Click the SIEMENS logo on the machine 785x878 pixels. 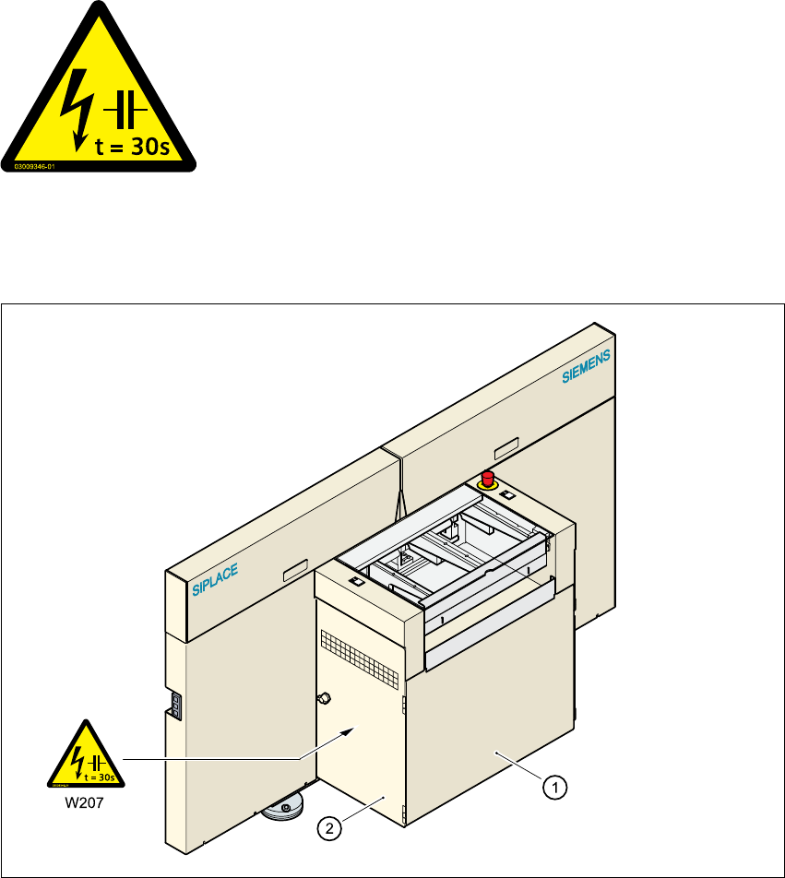coord(588,365)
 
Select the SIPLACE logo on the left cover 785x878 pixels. coord(215,581)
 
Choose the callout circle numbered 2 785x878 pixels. coord(328,829)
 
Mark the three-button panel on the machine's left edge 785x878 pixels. coord(173,706)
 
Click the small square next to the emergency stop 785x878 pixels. coord(506,495)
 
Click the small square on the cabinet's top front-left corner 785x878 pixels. coord(356,582)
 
